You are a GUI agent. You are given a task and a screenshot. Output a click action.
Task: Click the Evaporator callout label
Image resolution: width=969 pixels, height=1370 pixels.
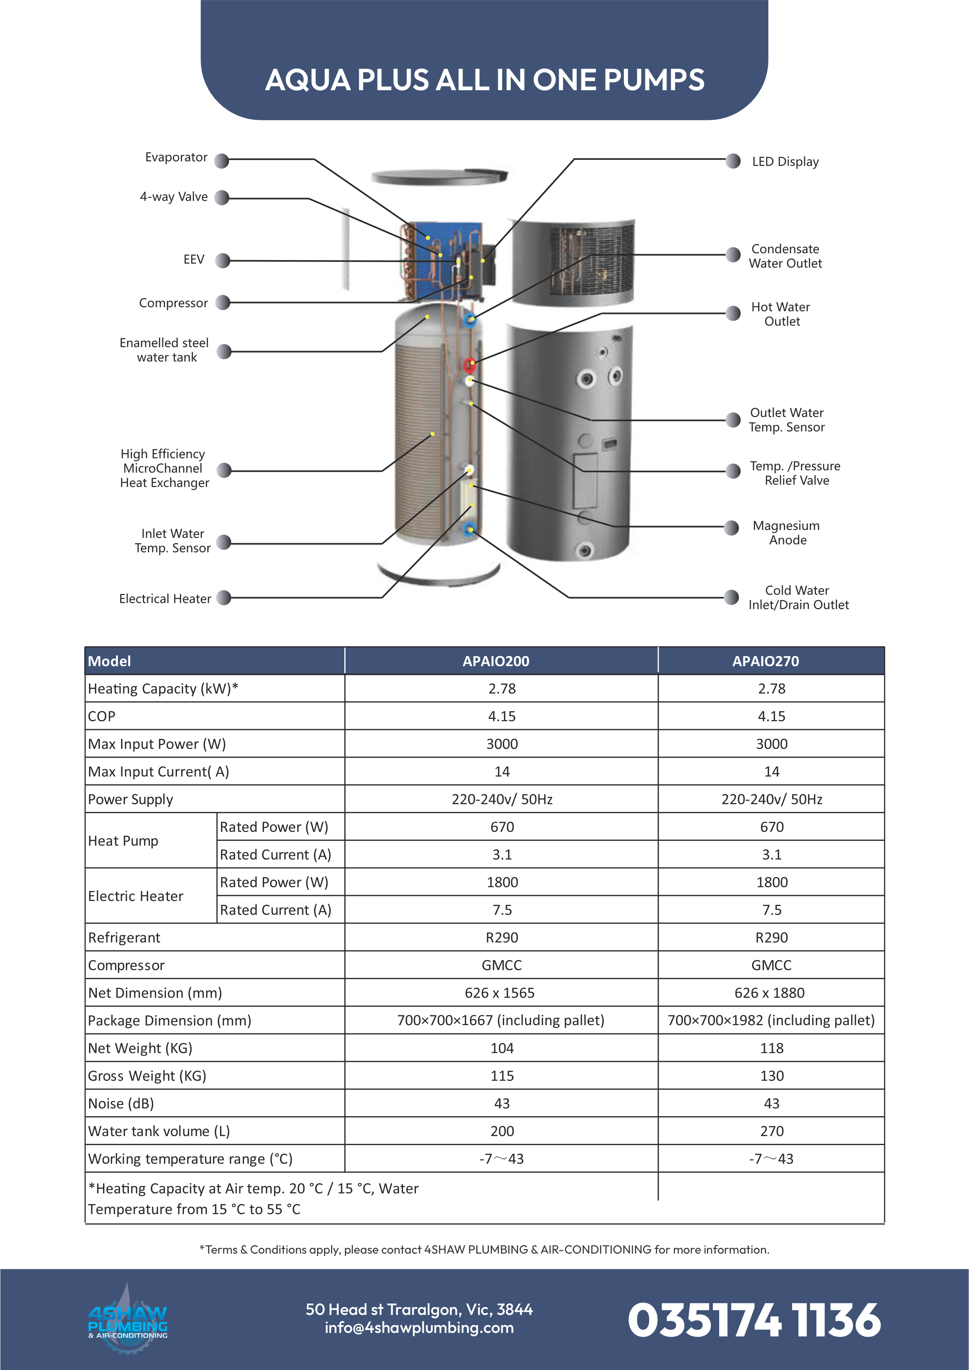(x=176, y=157)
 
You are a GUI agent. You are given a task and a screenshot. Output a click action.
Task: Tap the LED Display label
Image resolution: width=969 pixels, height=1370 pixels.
(x=785, y=162)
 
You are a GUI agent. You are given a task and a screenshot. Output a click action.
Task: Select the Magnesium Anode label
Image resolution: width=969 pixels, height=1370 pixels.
(x=786, y=533)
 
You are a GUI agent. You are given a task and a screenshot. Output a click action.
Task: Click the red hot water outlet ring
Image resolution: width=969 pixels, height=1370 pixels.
(x=470, y=363)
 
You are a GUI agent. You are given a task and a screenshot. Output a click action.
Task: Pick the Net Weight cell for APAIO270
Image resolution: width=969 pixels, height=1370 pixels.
(x=771, y=1048)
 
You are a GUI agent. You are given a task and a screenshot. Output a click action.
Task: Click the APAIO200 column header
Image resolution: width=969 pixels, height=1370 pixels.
(x=496, y=661)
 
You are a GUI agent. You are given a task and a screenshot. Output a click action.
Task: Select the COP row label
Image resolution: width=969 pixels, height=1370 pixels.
(x=102, y=717)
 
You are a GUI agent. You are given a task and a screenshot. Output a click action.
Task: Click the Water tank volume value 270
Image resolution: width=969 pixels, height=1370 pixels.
(x=771, y=1131)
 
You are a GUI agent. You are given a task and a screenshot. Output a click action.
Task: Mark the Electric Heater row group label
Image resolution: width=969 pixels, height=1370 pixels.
(x=136, y=896)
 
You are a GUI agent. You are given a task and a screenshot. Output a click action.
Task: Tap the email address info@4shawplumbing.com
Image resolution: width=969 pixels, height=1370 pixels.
(x=419, y=1328)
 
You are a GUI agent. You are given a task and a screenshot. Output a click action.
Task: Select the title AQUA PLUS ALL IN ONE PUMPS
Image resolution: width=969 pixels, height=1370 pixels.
(x=484, y=80)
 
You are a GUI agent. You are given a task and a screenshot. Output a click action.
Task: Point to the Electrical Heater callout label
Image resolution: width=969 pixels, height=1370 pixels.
(x=165, y=598)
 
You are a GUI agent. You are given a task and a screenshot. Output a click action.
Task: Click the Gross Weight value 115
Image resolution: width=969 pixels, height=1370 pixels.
(x=502, y=1076)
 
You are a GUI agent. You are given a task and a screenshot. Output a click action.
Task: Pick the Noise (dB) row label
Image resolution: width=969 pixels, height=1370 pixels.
(x=121, y=1104)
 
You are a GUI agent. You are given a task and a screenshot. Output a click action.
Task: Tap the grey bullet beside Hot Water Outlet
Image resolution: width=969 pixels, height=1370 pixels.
(x=733, y=314)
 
